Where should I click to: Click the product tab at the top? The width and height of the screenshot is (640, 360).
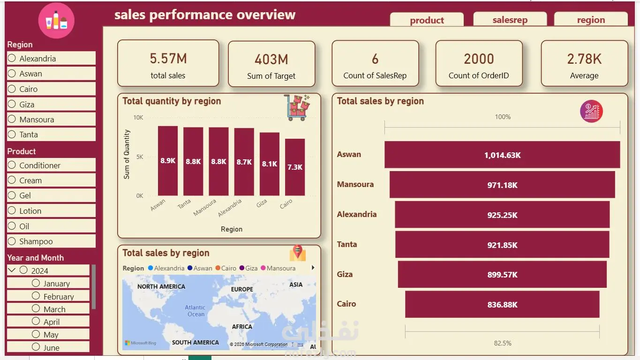pyautogui.click(x=427, y=20)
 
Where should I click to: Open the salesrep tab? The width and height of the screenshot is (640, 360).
pyautogui.click(x=510, y=19)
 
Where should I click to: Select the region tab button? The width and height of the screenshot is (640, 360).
pyautogui.click(x=591, y=19)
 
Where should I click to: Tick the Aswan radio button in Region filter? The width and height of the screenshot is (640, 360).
pyautogui.click(x=12, y=74)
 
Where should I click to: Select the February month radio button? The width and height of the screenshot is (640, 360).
pyautogui.click(x=36, y=296)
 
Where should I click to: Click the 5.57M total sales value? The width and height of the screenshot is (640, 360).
pyautogui.click(x=168, y=59)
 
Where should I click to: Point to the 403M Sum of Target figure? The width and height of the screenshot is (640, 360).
pyautogui.click(x=271, y=60)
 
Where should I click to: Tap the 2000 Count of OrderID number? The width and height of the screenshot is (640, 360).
pyautogui.click(x=479, y=59)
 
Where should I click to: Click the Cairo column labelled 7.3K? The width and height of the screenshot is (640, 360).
pyautogui.click(x=295, y=167)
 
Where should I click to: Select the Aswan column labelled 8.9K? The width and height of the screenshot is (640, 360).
pyautogui.click(x=168, y=161)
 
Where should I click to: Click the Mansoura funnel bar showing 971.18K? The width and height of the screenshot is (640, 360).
pyautogui.click(x=502, y=185)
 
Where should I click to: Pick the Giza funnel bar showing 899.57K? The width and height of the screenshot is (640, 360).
pyautogui.click(x=502, y=274)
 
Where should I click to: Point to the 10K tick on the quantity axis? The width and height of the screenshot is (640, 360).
pyautogui.click(x=138, y=118)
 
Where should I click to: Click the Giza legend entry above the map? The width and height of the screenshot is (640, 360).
pyautogui.click(x=248, y=268)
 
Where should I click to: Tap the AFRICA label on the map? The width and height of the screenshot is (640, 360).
pyautogui.click(x=242, y=327)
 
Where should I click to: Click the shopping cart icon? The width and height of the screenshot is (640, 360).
pyautogui.click(x=297, y=107)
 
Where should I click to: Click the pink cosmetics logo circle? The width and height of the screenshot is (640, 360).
pyautogui.click(x=56, y=20)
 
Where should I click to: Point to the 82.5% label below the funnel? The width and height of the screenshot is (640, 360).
pyautogui.click(x=503, y=343)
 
